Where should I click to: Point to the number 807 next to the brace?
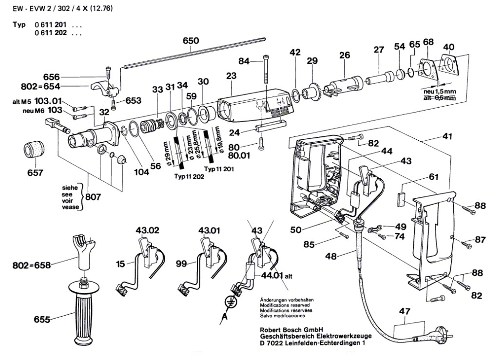pos(94,198)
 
